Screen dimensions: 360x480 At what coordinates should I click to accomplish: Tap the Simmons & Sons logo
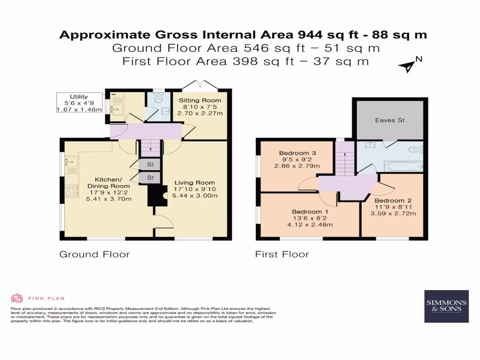[446, 306]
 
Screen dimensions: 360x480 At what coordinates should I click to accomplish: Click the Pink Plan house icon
[17, 298]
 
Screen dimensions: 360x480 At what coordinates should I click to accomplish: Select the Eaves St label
[390, 120]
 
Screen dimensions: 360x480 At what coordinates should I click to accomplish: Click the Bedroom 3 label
[294, 153]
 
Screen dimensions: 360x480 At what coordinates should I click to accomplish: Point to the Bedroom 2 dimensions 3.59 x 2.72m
[393, 214]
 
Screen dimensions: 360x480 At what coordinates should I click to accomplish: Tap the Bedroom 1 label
[307, 211]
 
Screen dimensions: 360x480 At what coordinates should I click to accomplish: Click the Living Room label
[195, 183]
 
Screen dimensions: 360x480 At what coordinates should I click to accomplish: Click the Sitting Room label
[200, 100]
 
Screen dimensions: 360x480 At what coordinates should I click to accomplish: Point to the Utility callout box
[79, 102]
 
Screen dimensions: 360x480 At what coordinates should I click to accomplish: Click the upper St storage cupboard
[150, 165]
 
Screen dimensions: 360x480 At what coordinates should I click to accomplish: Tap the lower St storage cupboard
[150, 178]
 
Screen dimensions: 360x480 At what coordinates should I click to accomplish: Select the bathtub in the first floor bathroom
[403, 165]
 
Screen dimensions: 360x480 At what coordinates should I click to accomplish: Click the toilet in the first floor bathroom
[415, 150]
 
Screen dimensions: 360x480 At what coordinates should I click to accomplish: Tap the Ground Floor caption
[94, 255]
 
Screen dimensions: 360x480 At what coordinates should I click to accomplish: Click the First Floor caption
[282, 255]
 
